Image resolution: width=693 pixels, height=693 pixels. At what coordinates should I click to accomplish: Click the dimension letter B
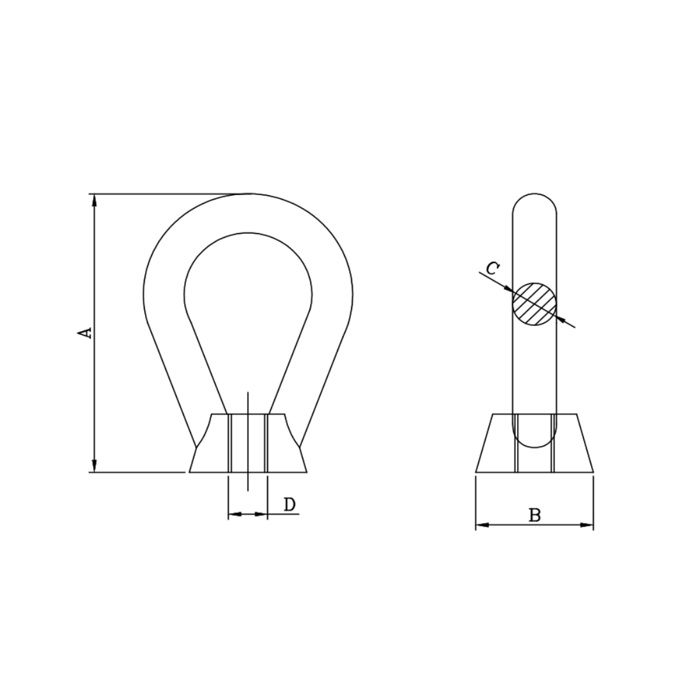pyautogui.click(x=535, y=515)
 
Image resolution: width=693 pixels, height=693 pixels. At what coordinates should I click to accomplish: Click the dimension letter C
pyautogui.click(x=492, y=268)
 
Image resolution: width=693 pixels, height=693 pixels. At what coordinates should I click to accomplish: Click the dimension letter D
pyautogui.click(x=289, y=504)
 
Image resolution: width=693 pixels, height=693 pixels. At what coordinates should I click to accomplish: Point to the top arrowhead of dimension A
pyautogui.click(x=94, y=200)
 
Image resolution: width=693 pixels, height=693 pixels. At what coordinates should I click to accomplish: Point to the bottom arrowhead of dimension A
pyautogui.click(x=94, y=466)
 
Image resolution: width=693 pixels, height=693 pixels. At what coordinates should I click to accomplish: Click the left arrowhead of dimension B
pyautogui.click(x=482, y=525)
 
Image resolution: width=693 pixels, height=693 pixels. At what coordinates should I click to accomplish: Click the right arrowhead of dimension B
pyautogui.click(x=586, y=525)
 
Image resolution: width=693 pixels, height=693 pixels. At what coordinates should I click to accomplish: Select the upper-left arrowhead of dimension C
pyautogui.click(x=508, y=289)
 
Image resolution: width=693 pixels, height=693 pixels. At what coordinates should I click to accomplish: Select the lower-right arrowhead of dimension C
pyautogui.click(x=561, y=319)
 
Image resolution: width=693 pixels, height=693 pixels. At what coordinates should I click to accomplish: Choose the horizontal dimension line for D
pyautogui.click(x=248, y=514)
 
